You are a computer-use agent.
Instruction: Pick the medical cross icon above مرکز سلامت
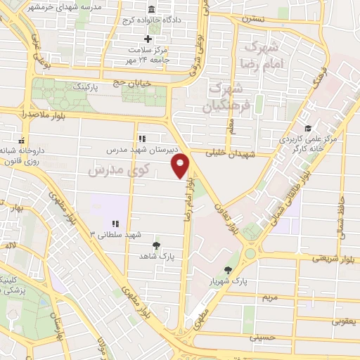pos(148,39)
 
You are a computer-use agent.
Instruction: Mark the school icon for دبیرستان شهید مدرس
pos(141,139)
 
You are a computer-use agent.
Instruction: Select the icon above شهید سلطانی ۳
pos(116,224)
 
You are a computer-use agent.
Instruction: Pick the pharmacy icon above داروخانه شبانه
pos(22,139)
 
